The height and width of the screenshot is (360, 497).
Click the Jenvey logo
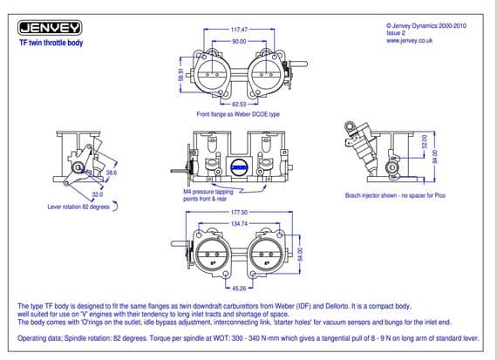click(x=51, y=29)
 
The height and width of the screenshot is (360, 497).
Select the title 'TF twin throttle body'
click(x=51, y=43)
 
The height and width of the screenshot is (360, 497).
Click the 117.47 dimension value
click(x=240, y=30)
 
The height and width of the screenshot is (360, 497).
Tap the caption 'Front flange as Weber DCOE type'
click(x=239, y=114)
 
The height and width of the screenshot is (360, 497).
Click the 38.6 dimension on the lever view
click(x=111, y=173)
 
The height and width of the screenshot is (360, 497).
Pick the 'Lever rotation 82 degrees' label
click(x=78, y=208)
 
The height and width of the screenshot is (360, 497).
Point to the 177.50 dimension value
click(x=240, y=212)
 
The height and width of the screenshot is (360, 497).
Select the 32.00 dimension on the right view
click(x=425, y=143)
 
